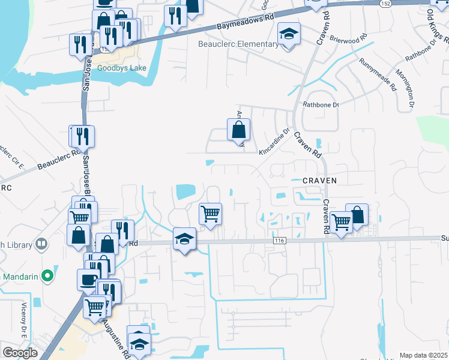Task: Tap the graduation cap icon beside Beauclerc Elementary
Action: click(289, 35)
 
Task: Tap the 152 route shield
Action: click(386, 4)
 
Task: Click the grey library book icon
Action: click(41, 244)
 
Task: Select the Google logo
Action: click(20, 352)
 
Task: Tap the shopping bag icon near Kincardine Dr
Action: click(238, 129)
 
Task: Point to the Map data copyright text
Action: click(423, 355)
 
